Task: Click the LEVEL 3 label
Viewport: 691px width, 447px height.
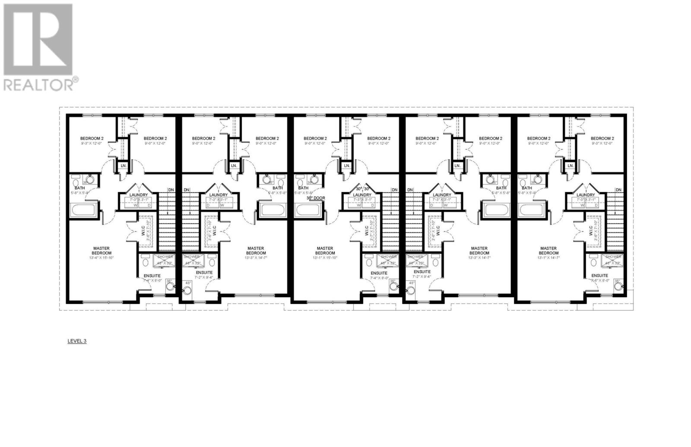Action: click(x=77, y=341)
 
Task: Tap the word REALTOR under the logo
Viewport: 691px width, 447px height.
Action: click(x=38, y=84)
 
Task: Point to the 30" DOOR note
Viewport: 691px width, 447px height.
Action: click(x=316, y=198)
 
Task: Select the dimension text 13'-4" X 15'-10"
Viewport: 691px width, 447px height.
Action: click(x=102, y=258)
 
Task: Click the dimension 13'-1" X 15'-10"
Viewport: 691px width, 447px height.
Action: click(x=325, y=258)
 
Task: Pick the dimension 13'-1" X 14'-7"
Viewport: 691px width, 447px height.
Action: click(x=548, y=258)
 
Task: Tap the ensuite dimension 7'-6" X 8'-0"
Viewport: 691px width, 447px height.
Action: click(x=600, y=280)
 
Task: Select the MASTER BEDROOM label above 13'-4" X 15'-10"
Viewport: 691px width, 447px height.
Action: click(x=102, y=250)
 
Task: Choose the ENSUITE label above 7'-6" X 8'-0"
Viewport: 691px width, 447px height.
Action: click(x=600, y=275)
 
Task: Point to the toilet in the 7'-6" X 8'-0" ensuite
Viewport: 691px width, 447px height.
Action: click(x=592, y=262)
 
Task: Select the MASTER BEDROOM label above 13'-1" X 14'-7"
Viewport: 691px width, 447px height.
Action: click(x=548, y=250)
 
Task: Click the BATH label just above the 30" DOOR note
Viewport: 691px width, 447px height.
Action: click(x=303, y=188)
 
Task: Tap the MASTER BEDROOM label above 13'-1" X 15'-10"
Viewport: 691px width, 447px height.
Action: click(x=325, y=250)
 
